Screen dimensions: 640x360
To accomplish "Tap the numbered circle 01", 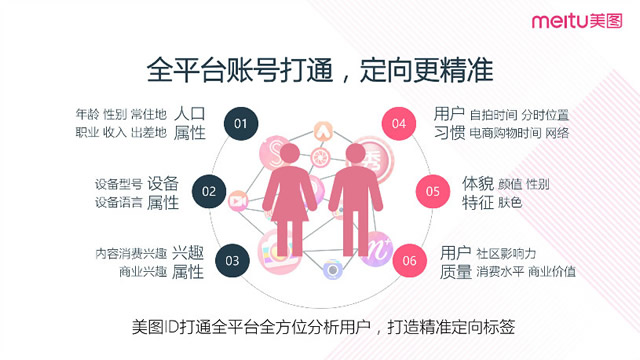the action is (x=240, y=124).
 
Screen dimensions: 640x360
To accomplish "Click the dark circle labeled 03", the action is (x=232, y=261).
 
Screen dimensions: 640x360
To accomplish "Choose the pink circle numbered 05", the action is (x=432, y=191).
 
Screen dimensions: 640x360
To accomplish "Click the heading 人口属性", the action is (x=189, y=122).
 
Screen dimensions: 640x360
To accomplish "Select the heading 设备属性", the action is (x=163, y=193).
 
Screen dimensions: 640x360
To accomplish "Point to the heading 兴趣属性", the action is (x=188, y=262).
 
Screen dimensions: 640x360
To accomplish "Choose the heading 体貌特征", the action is (x=477, y=193).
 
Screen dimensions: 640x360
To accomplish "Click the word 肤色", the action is (x=510, y=203).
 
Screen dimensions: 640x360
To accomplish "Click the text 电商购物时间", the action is (x=506, y=132).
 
